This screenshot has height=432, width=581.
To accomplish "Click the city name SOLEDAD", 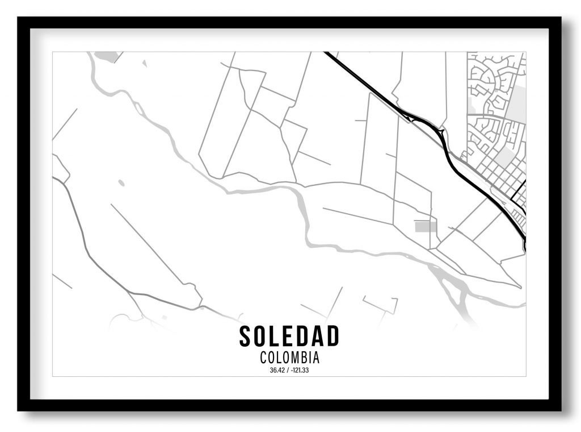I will (x=289, y=336).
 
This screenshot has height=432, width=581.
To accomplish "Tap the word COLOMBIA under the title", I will (x=289, y=358).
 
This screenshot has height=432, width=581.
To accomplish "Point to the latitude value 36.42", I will (x=277, y=371).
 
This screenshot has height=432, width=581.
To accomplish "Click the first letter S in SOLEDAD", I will (x=245, y=336).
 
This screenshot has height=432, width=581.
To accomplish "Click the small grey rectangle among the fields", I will (x=426, y=227).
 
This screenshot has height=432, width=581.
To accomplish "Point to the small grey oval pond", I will (x=121, y=183).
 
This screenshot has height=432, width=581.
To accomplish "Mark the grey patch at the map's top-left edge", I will (x=107, y=56).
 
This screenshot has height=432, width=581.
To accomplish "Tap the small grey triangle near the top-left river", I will (x=144, y=63).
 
